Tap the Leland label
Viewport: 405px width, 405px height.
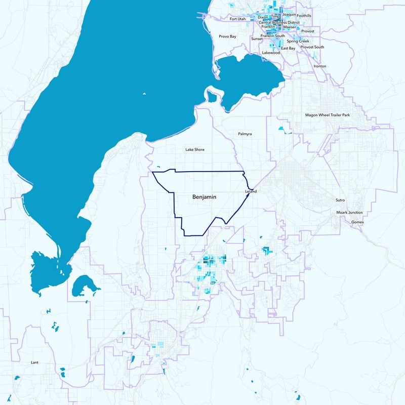click(x=251, y=192)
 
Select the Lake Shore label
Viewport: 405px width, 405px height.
click(x=195, y=150)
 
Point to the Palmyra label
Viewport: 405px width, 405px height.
click(x=245, y=134)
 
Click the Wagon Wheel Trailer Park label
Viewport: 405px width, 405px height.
click(x=328, y=115)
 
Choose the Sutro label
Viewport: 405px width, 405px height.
click(x=340, y=200)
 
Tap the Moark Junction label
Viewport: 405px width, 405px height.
click(x=350, y=213)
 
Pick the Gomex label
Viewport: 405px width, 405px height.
click(x=357, y=222)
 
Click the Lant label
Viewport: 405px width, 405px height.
click(x=34, y=362)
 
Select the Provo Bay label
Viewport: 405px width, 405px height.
click(x=227, y=36)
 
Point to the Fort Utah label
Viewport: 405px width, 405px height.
click(x=237, y=19)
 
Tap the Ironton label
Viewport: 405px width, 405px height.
click(x=320, y=66)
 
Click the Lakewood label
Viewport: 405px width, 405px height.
click(x=271, y=53)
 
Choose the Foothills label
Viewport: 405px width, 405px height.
click(x=304, y=16)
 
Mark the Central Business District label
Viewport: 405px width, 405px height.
click(x=279, y=23)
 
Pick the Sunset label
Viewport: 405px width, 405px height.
click(x=257, y=38)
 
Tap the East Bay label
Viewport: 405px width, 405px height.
click(x=288, y=48)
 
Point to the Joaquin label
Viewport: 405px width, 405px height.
click(x=289, y=15)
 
